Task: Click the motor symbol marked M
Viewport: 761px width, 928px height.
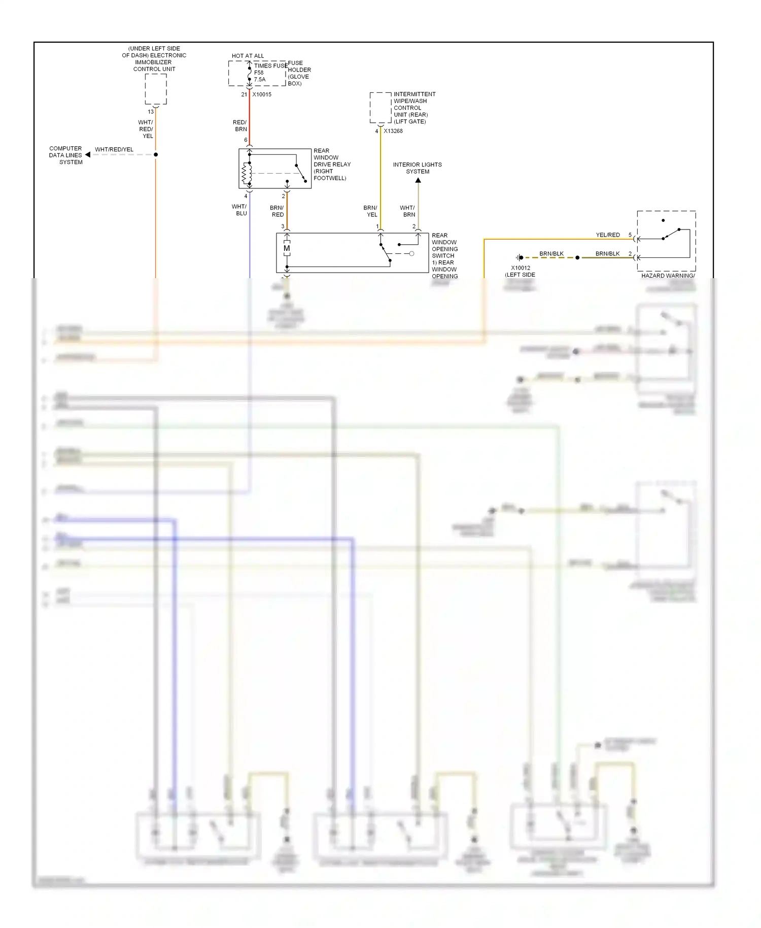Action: pos(287,248)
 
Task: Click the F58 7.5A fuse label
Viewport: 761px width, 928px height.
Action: pos(259,76)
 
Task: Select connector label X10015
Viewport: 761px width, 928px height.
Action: pos(262,94)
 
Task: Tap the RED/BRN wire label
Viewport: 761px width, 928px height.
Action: pos(240,125)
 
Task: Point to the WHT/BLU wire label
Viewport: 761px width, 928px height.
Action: pos(239,210)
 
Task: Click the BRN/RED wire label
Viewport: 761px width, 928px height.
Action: pos(277,211)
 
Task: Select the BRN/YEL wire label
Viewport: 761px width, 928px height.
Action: pos(370,211)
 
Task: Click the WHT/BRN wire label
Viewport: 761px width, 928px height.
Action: pos(407,211)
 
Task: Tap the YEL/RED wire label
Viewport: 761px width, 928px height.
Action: pos(608,235)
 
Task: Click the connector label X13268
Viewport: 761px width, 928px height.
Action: pos(393,131)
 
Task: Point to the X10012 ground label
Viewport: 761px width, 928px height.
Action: pos(521,268)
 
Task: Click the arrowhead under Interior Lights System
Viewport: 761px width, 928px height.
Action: pos(418,180)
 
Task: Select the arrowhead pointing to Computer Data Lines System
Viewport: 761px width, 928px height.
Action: pos(88,154)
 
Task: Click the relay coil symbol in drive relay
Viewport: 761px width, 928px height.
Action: pos(247,174)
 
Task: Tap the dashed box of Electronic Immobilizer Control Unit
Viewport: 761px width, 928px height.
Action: pos(156,89)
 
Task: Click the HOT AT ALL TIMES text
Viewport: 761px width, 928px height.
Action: pos(248,56)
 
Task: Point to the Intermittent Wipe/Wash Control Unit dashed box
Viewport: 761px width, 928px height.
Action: pos(380,108)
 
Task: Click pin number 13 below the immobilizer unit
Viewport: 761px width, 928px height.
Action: pos(151,112)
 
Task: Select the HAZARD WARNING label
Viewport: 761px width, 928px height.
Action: pos(668,276)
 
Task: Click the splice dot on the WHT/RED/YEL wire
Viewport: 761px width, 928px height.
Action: pos(156,154)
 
